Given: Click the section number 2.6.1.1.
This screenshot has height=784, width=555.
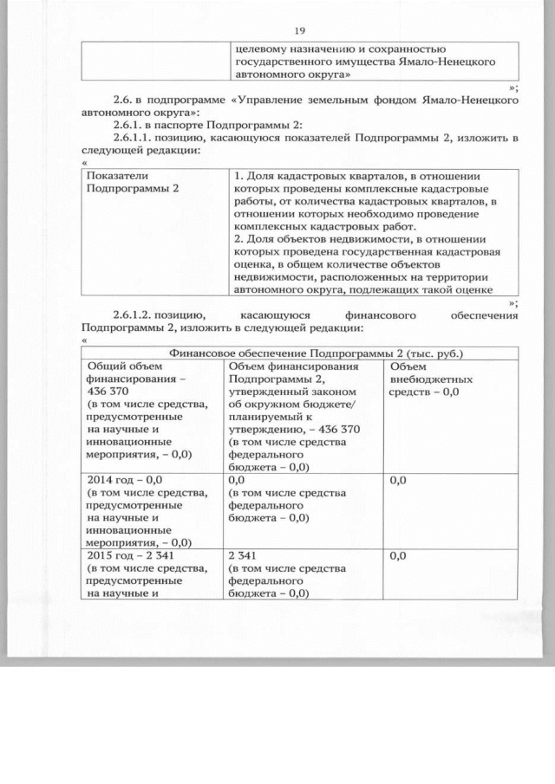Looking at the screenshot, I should click(x=134, y=138).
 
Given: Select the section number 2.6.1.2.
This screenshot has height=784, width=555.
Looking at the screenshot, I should click(x=134, y=315).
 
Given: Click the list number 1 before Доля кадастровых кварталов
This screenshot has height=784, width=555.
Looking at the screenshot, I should click(x=238, y=177).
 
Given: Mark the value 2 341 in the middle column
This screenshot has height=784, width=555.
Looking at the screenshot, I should click(x=245, y=555).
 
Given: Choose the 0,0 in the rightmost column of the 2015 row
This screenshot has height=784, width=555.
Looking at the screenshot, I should click(x=399, y=555).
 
